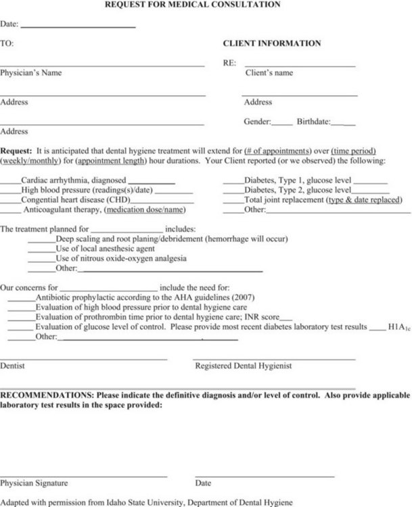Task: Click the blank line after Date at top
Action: pyautogui.click(x=78, y=26)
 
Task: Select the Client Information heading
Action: pyautogui.click(x=272, y=43)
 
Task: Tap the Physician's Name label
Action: pyautogui.click(x=30, y=73)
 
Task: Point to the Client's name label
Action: pyautogui.click(x=269, y=73)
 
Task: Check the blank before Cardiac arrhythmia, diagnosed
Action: pyautogui.click(x=10, y=181)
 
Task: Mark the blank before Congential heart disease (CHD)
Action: pyautogui.click(x=10, y=201)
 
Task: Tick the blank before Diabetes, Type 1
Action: pyautogui.click(x=233, y=181)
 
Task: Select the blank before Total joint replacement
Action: pyautogui.click(x=233, y=201)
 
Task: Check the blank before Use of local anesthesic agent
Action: pyautogui.click(x=41, y=249)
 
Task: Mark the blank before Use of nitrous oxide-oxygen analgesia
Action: pyautogui.click(x=41, y=259)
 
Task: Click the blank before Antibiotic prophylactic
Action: pyautogui.click(x=21, y=297)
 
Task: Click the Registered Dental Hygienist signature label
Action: pyautogui.click(x=244, y=366)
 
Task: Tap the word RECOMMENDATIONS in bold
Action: pyautogui.click(x=46, y=394)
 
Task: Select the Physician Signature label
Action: pyautogui.click(x=34, y=483)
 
